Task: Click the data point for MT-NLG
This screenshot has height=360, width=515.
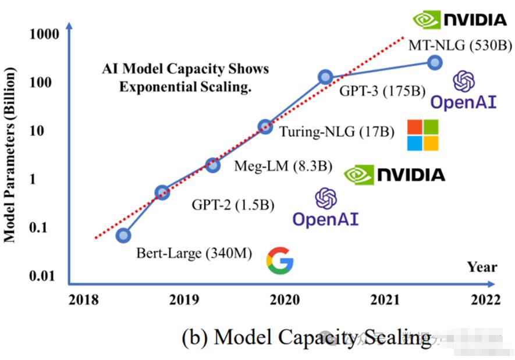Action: point(434,63)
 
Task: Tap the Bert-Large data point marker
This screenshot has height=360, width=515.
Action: point(123,235)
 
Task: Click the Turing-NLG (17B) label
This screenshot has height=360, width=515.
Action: point(337,131)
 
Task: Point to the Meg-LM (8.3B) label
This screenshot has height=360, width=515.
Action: point(283,166)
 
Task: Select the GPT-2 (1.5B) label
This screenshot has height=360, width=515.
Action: point(233,205)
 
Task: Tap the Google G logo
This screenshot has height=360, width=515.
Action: point(280,260)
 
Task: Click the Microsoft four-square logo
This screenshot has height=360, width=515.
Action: point(422,136)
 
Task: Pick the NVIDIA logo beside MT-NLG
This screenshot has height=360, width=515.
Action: point(460,20)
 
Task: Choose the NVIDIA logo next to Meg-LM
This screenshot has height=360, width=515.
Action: point(394,174)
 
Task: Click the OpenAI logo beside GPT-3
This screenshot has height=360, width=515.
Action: point(463,91)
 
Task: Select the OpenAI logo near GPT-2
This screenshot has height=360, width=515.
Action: point(325,208)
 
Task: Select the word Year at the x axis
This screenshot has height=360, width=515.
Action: point(482,266)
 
